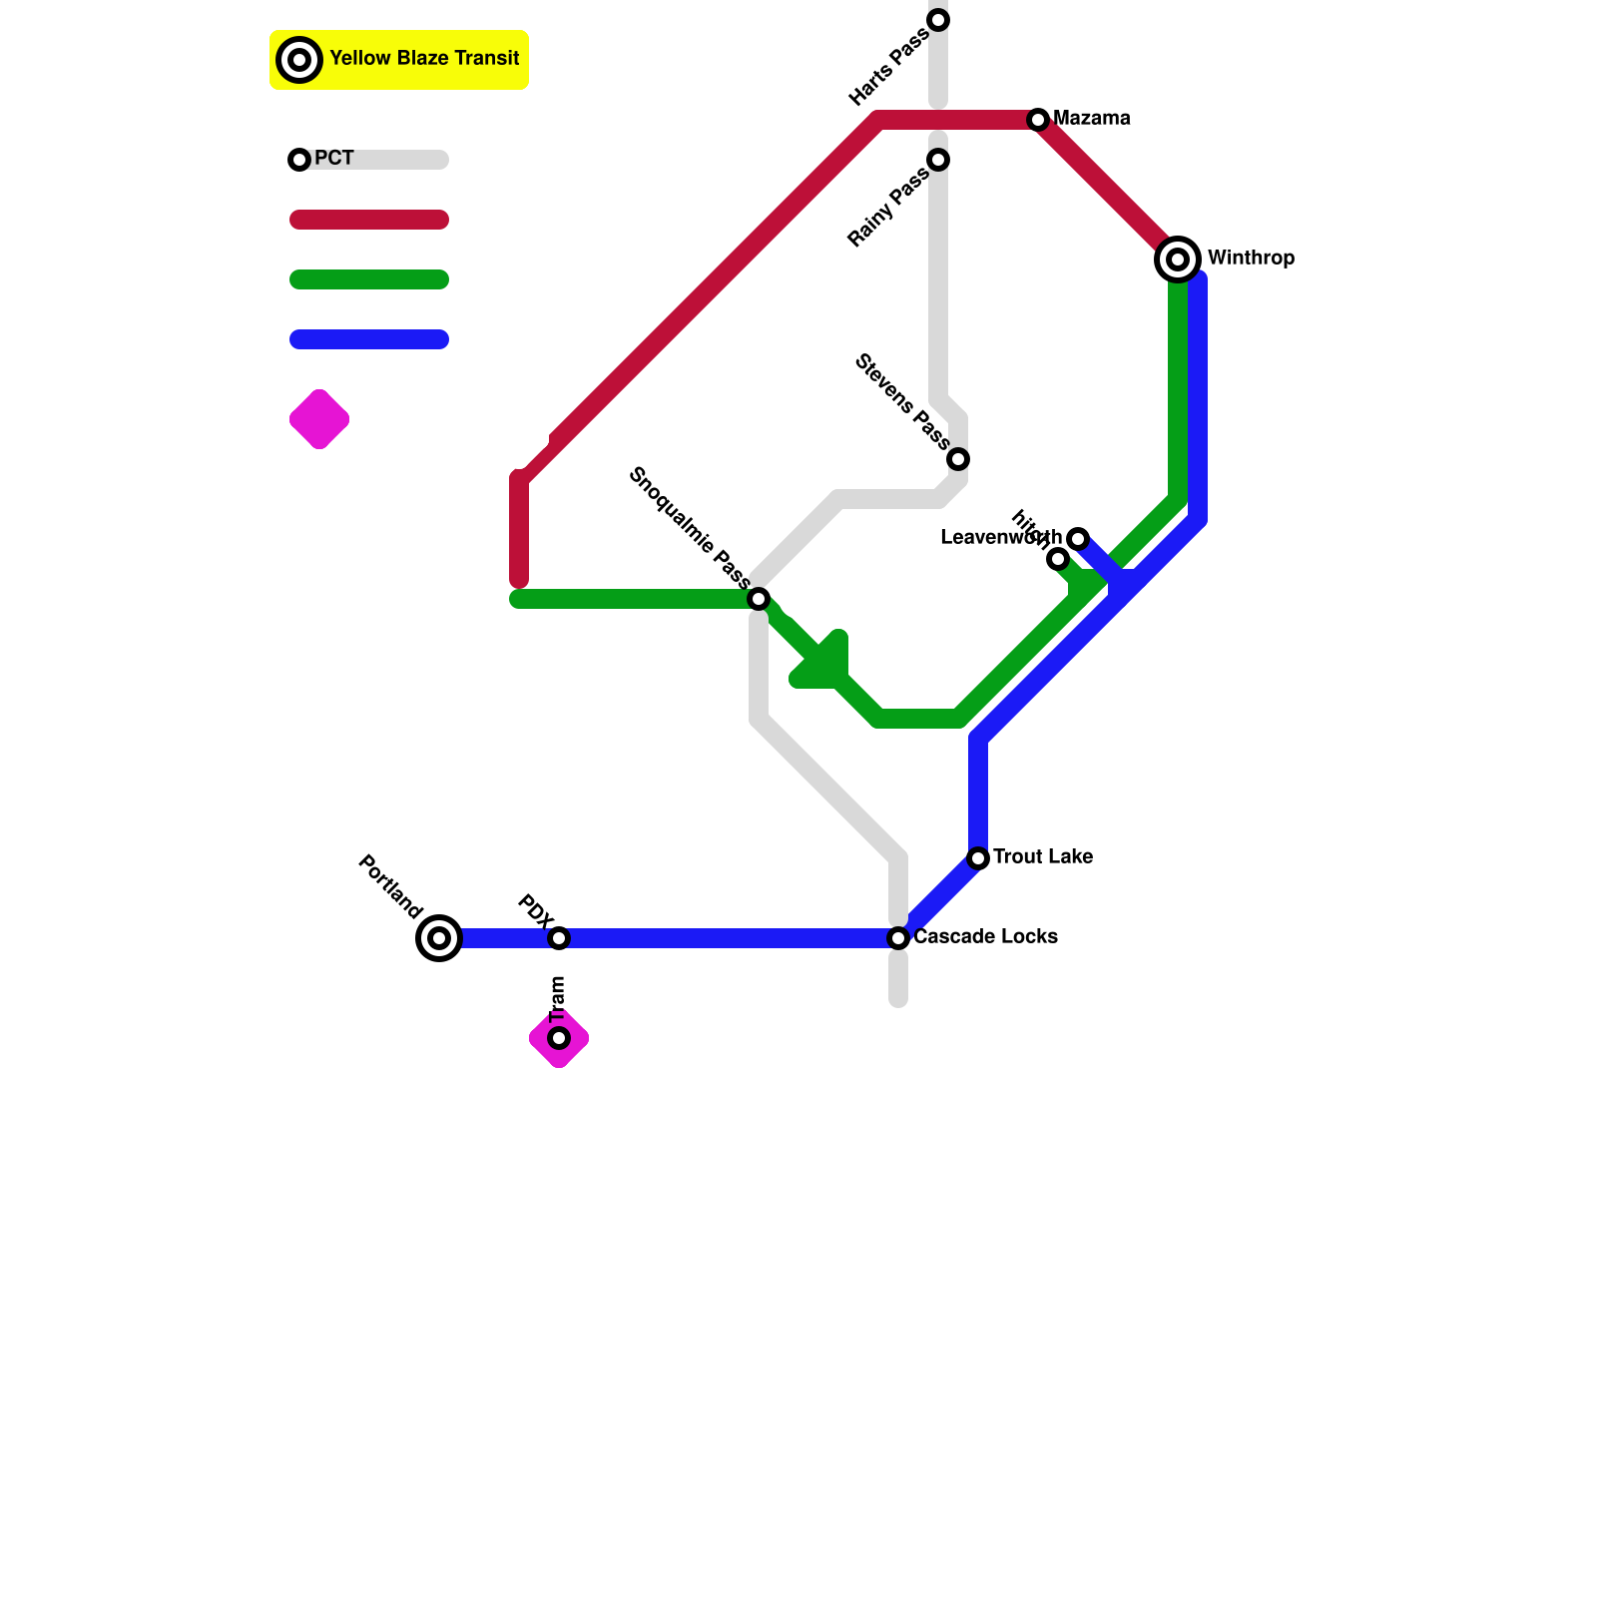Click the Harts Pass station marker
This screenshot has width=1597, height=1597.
[938, 20]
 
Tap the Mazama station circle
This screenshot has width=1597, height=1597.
[1038, 120]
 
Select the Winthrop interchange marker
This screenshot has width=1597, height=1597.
[1178, 260]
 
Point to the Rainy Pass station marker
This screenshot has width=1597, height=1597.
[938, 160]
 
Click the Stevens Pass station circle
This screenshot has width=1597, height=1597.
[958, 459]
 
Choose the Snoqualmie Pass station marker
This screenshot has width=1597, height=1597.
[759, 599]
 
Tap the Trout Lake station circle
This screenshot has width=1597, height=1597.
[978, 858]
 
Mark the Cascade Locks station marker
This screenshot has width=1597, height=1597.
[898, 938]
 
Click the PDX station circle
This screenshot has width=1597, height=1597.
[559, 938]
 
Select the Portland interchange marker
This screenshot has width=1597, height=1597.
[439, 938]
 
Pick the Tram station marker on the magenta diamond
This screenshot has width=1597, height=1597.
[559, 1038]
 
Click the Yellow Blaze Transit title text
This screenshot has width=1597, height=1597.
[424, 59]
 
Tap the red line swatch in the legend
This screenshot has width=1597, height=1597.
[369, 220]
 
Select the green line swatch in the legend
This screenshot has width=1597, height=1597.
[369, 279]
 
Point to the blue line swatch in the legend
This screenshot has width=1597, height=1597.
[369, 339]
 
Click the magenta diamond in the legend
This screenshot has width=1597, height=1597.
[319, 419]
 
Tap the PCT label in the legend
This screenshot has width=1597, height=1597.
[333, 159]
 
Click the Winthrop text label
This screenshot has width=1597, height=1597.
[1251, 259]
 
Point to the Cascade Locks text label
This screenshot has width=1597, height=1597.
[985, 937]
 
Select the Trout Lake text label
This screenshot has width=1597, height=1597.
[1042, 857]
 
